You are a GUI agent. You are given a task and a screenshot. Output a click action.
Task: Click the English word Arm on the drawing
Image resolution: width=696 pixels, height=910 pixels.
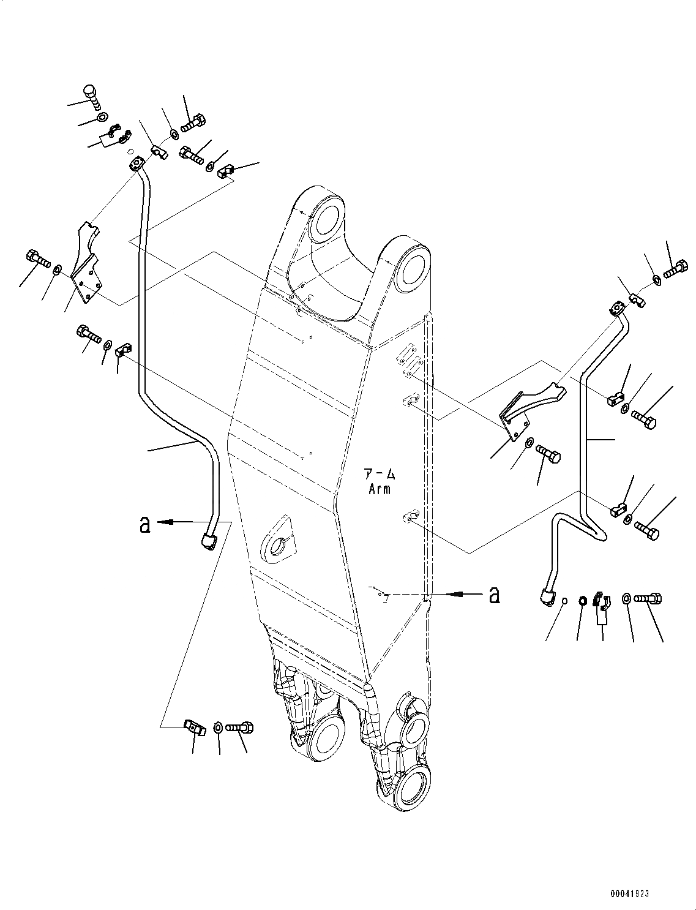(x=380, y=489)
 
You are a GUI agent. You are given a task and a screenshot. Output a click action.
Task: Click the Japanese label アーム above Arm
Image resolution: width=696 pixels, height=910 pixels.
(x=380, y=474)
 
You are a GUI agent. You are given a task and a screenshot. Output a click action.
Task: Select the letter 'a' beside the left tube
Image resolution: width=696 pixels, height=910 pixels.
(x=144, y=525)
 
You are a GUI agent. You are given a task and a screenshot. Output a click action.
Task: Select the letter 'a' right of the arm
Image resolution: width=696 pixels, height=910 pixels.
(x=494, y=594)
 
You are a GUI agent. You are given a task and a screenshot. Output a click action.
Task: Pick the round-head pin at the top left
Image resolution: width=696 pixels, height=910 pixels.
(x=91, y=95)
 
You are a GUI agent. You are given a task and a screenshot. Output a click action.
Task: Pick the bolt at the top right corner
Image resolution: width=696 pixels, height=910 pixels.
(x=676, y=268)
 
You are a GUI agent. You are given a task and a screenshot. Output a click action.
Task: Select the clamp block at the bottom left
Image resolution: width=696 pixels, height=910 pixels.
(x=193, y=726)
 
